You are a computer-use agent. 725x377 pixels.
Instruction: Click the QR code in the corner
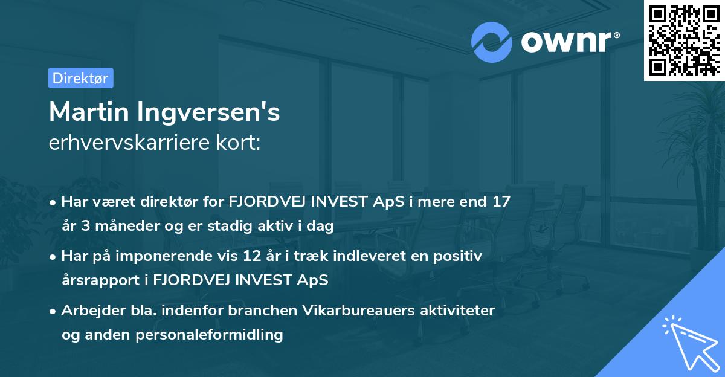pyautogui.click(x=684, y=40)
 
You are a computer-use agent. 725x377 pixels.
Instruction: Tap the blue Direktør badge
pyautogui.click(x=80, y=78)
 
